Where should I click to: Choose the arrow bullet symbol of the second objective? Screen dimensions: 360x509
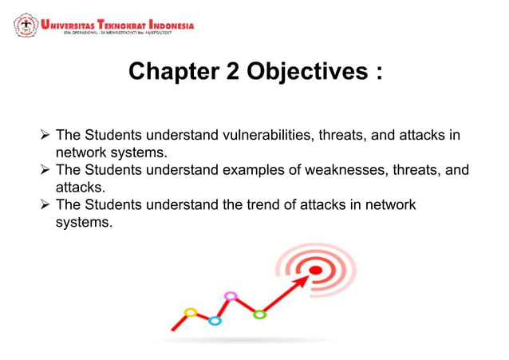(44, 171)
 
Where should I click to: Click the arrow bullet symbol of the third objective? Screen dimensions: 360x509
(44, 206)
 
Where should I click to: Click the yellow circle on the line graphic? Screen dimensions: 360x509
(190, 312)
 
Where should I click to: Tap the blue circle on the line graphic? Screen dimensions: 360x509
(215, 321)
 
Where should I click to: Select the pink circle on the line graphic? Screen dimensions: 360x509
(231, 296)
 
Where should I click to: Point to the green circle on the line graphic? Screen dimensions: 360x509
(259, 315)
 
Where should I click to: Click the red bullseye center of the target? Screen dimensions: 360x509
(315, 270)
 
